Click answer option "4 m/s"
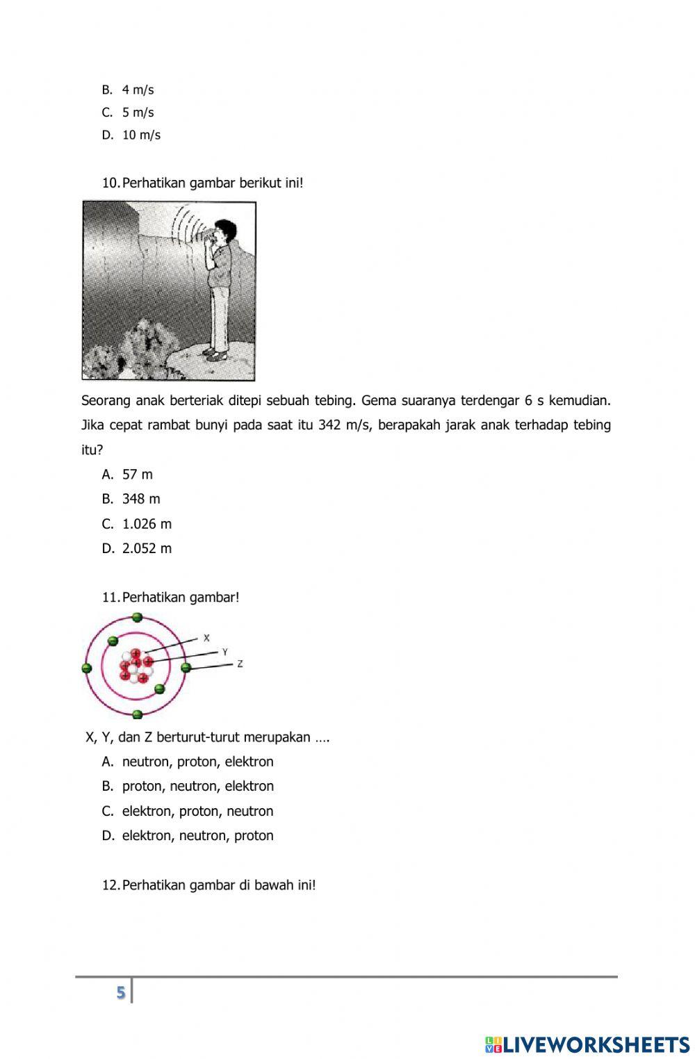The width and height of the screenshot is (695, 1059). click(x=138, y=90)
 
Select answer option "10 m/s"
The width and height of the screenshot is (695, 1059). click(x=141, y=135)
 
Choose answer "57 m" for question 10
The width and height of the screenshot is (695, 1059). click(x=137, y=475)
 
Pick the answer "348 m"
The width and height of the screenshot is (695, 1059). click(x=140, y=499)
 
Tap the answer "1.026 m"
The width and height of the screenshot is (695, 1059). click(x=146, y=524)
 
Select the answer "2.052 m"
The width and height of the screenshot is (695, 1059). click(x=146, y=548)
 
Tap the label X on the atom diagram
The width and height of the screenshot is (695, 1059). click(x=206, y=637)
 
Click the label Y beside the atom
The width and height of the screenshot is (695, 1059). click(x=224, y=652)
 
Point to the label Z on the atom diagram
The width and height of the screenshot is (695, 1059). click(x=240, y=664)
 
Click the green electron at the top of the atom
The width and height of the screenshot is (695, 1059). click(x=137, y=617)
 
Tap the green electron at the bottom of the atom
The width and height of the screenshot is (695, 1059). click(x=137, y=714)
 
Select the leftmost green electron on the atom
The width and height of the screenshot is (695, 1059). click(x=87, y=668)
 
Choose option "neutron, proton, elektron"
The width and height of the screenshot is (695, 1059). click(x=197, y=762)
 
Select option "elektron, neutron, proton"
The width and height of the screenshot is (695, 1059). click(x=197, y=835)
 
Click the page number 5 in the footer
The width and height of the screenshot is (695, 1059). click(x=121, y=992)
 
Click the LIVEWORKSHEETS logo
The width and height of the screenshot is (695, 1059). click(x=587, y=1044)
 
